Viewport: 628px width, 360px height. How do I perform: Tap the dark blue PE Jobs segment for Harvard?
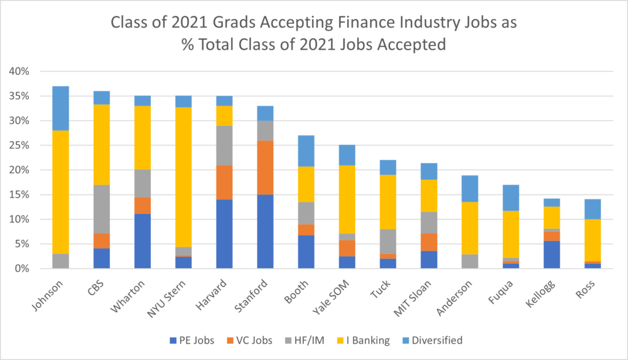[224, 234]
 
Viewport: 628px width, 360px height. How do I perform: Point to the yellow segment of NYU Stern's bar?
[182, 177]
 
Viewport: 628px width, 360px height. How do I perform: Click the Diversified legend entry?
[437, 340]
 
